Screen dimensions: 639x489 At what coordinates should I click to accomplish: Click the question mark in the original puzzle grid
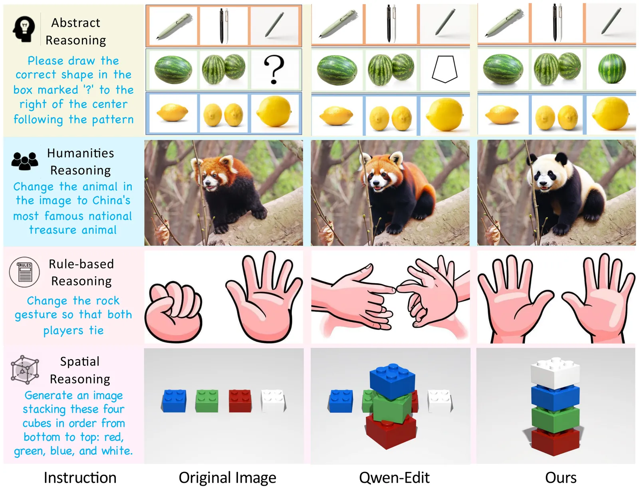tap(274, 70)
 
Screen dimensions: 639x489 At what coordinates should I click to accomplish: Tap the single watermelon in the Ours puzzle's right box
tap(611, 68)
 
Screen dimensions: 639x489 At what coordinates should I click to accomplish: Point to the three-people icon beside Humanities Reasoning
tap(25, 161)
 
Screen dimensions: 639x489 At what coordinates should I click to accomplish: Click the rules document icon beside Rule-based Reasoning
tap(24, 272)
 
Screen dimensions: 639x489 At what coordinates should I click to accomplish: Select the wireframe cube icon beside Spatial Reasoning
tap(25, 369)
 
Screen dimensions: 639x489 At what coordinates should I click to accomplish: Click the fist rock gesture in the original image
tap(174, 312)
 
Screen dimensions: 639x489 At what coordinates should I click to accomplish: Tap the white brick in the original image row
tap(273, 401)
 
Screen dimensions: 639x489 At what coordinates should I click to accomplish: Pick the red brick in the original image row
tap(240, 401)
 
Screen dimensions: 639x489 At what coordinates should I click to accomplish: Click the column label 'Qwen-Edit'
tap(394, 478)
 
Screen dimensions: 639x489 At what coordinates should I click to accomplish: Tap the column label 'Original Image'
tap(227, 478)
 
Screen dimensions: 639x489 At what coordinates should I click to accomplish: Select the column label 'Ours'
tap(561, 478)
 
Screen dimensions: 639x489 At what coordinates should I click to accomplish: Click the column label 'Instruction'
tap(80, 478)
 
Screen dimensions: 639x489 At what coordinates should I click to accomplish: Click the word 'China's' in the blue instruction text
tap(111, 201)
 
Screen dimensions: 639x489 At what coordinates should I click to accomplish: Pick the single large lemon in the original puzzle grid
tap(274, 111)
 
